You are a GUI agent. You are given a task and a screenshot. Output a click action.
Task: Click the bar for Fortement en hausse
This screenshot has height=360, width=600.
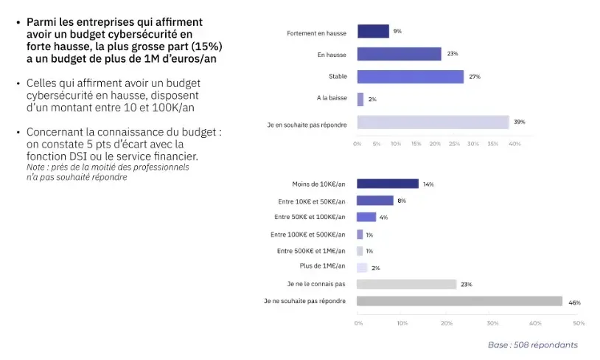[373, 31]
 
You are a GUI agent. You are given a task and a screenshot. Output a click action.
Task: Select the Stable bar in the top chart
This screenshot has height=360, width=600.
[410, 77]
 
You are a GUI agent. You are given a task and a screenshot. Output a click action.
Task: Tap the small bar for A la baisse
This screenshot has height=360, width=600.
[360, 99]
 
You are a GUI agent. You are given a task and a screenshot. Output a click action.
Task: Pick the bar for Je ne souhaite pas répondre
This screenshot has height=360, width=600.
[459, 301]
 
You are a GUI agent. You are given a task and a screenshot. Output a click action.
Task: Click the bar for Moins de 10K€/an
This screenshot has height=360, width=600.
[387, 184]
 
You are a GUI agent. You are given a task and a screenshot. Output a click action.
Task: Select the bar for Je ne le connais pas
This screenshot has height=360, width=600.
[406, 284]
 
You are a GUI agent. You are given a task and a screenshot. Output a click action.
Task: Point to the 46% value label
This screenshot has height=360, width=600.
[575, 302]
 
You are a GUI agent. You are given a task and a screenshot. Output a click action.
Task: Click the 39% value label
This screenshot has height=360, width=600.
[520, 122]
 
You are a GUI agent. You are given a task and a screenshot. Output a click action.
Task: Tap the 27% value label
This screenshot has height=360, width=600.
[475, 77]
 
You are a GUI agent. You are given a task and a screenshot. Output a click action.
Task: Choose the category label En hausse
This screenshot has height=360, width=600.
[332, 55]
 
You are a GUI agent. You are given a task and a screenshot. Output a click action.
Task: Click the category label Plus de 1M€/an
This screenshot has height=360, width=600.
[322, 266]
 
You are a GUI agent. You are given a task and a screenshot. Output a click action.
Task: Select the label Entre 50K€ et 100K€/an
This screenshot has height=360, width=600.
[310, 217]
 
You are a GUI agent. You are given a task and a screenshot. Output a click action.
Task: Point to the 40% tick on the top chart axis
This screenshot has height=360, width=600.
[515, 143]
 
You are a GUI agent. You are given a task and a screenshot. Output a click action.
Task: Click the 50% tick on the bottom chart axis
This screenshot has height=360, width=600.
[579, 322]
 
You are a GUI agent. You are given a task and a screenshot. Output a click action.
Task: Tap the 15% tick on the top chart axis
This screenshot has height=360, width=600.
[416, 143]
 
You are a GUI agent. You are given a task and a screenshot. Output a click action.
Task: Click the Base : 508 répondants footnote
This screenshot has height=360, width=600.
[532, 345]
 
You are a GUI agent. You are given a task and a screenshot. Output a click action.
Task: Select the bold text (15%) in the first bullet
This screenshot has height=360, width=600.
[207, 46]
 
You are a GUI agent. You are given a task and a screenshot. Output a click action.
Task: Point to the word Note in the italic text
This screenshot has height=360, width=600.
[37, 167]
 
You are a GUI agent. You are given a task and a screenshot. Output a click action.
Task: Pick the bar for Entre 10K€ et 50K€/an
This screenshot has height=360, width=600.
[374, 201]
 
